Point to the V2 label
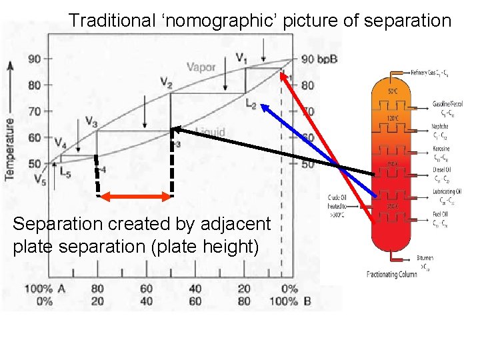click(x=167, y=82)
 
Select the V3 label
click(x=92, y=121)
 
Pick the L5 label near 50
click(x=65, y=171)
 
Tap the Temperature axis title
click(x=10, y=148)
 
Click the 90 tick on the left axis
click(x=35, y=59)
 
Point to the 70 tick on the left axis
click(x=35, y=111)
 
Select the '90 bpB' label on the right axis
click(x=319, y=59)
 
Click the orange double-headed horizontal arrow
click(x=135, y=196)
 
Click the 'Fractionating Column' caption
click(x=392, y=274)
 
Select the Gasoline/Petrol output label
click(x=447, y=104)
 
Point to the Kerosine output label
click(x=441, y=149)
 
